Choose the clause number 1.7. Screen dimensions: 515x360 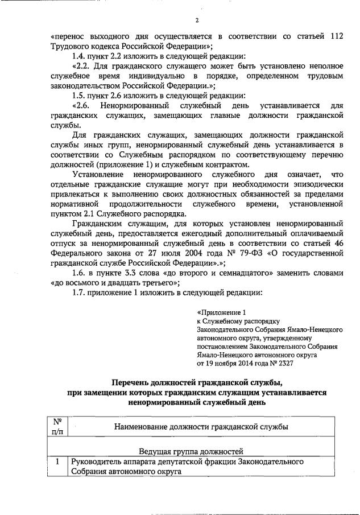tap(80, 293)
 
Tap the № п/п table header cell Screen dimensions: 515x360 tap(57, 426)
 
